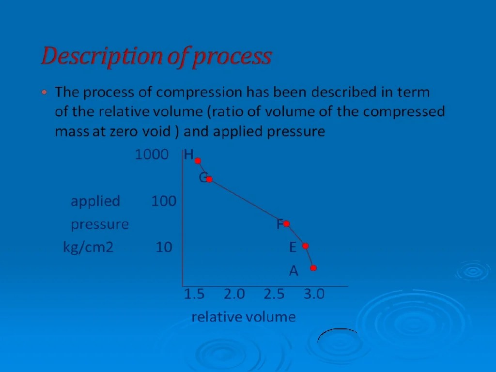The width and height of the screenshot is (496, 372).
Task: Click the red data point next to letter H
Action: pos(198,161)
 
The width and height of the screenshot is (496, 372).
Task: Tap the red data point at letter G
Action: pos(209,179)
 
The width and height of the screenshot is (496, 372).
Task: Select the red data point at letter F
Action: pos(286,224)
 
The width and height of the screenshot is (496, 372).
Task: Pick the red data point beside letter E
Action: pos(306,246)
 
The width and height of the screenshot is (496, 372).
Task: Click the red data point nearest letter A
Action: pos(313,268)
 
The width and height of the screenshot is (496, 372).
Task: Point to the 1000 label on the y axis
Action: pos(152,155)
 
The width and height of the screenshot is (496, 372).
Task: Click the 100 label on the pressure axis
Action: pos(164,201)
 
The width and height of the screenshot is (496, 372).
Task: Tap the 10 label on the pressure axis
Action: pos(164,248)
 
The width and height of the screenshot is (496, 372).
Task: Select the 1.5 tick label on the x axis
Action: pos(194,294)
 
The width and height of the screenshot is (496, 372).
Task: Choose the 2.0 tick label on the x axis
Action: pos(234,294)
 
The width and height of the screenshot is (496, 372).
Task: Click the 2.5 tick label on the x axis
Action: pos(274,294)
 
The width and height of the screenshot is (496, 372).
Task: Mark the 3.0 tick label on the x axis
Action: pos(314,294)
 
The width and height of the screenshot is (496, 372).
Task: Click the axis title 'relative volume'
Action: pos(243,317)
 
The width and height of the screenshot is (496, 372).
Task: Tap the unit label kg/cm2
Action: pos(88,248)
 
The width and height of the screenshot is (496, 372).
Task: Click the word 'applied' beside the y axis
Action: pos(95,201)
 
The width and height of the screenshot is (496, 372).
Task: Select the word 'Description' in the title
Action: pos(102,57)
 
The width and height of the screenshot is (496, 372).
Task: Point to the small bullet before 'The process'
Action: pos(45,92)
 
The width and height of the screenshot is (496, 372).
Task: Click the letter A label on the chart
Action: pos(294,271)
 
